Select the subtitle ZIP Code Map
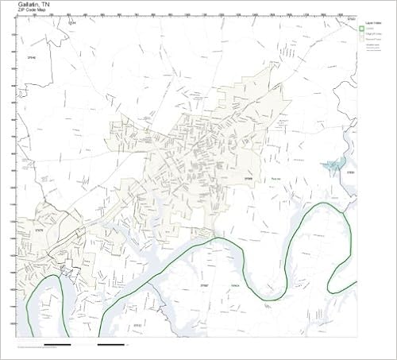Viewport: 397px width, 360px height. point(33,15)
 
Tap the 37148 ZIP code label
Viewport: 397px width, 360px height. point(33,58)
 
